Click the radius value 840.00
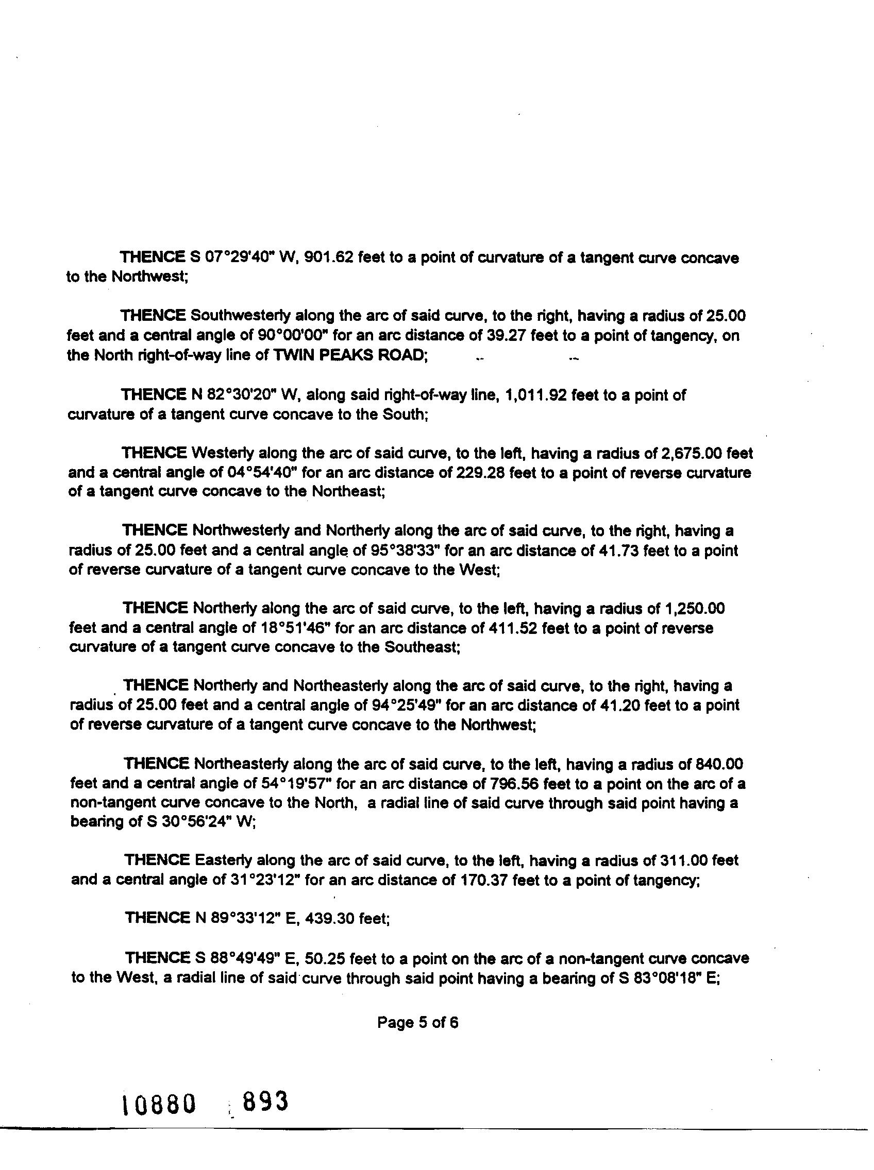tap(719, 764)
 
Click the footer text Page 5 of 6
tap(417, 1023)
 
